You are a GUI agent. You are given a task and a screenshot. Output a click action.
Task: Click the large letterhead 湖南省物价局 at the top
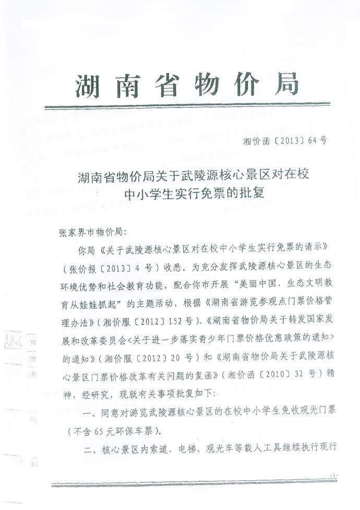pyautogui.click(x=187, y=84)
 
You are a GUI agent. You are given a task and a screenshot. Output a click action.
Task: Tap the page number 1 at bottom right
pyautogui.click(x=334, y=475)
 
